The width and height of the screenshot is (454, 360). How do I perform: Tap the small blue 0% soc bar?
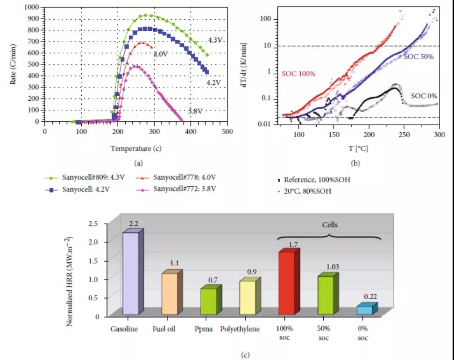coord(365,310)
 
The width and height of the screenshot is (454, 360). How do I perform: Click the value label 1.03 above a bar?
coord(326,267)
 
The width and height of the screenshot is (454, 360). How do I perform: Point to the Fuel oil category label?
coord(164,329)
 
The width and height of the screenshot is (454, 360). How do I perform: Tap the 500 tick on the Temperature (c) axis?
coord(227,132)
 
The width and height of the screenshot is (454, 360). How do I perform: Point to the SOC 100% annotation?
coord(298,74)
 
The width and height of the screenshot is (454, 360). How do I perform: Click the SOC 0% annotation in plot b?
coord(424,96)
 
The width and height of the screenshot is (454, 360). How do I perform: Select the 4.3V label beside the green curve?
coord(215,40)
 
